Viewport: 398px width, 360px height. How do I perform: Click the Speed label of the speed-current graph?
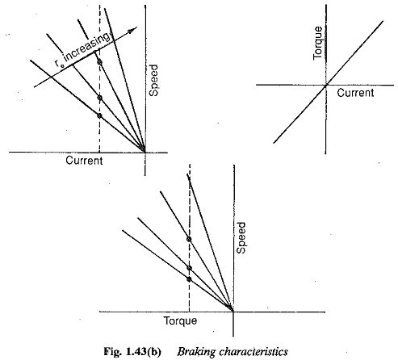tap(153, 80)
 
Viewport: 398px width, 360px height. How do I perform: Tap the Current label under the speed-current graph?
tap(84, 161)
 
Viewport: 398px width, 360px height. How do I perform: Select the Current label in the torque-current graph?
tap(355, 93)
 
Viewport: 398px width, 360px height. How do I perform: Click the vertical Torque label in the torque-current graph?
tap(317, 43)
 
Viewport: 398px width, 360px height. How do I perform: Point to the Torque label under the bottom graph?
tap(181, 320)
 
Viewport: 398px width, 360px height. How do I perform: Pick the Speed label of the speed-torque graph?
tap(241, 237)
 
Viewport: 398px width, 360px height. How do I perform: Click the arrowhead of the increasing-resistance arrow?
tap(133, 31)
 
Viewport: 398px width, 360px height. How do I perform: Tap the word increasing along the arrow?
tap(87, 49)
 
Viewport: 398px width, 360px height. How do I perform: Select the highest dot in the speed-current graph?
tap(99, 62)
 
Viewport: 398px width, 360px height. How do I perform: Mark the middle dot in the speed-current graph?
tap(100, 98)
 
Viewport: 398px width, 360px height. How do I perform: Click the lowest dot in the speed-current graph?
tap(99, 115)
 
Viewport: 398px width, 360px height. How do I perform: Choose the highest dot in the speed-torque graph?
tap(189, 239)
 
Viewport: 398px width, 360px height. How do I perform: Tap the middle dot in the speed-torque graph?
tap(189, 268)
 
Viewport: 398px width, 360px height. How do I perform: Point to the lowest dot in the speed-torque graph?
tap(189, 279)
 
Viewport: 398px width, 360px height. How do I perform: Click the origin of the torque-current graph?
tap(326, 85)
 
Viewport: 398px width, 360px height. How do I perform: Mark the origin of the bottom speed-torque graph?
tap(233, 312)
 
